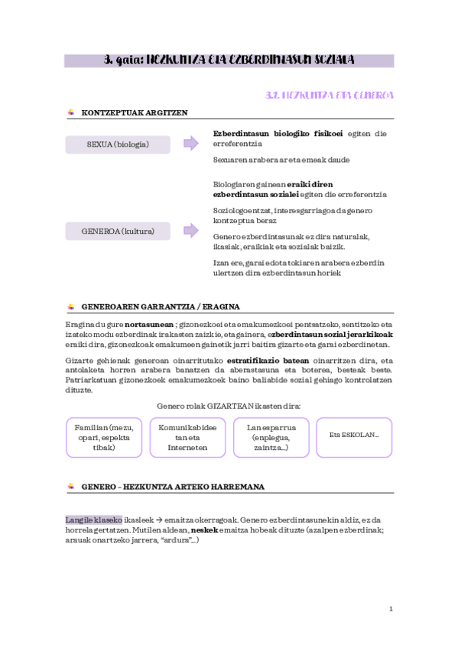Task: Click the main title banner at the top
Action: (229, 60)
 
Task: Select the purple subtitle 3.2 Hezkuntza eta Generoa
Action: (329, 96)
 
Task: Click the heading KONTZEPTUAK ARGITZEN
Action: (134, 112)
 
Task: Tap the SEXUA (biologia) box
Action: (118, 144)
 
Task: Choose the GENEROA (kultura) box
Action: (118, 231)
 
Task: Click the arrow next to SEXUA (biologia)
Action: (190, 144)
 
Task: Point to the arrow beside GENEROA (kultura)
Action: (190, 231)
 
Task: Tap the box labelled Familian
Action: (104, 437)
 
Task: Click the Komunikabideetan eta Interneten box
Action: (187, 437)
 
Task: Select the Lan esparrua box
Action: (271, 437)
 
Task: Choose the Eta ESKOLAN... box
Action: (354, 435)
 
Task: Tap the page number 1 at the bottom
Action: (390, 609)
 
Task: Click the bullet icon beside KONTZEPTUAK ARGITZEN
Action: (70, 112)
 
